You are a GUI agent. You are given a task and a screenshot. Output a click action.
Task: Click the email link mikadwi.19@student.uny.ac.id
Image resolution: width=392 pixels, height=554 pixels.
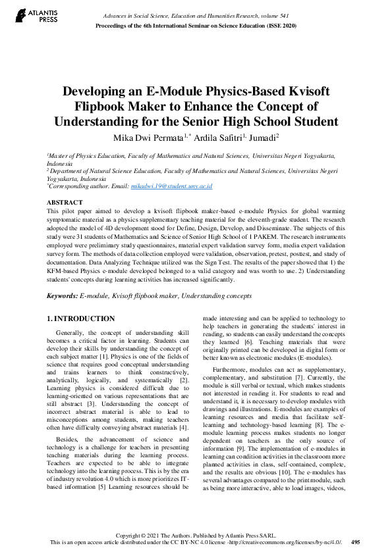[x=172, y=186]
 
